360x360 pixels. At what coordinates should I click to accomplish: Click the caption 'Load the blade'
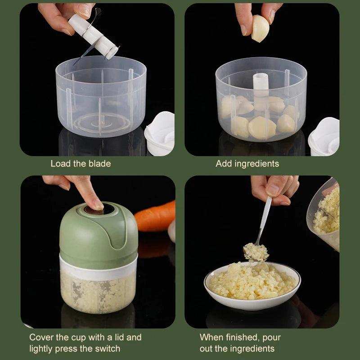coord(81,164)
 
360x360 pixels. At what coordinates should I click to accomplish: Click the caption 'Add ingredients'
coord(247,164)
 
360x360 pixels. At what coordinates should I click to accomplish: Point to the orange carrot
coord(155,216)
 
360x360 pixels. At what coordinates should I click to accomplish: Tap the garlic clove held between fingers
coord(260,28)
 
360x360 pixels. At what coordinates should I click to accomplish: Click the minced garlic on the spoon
coord(256,252)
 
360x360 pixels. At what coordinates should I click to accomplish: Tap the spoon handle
coord(265,220)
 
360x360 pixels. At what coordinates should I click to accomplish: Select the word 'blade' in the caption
coord(99,164)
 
